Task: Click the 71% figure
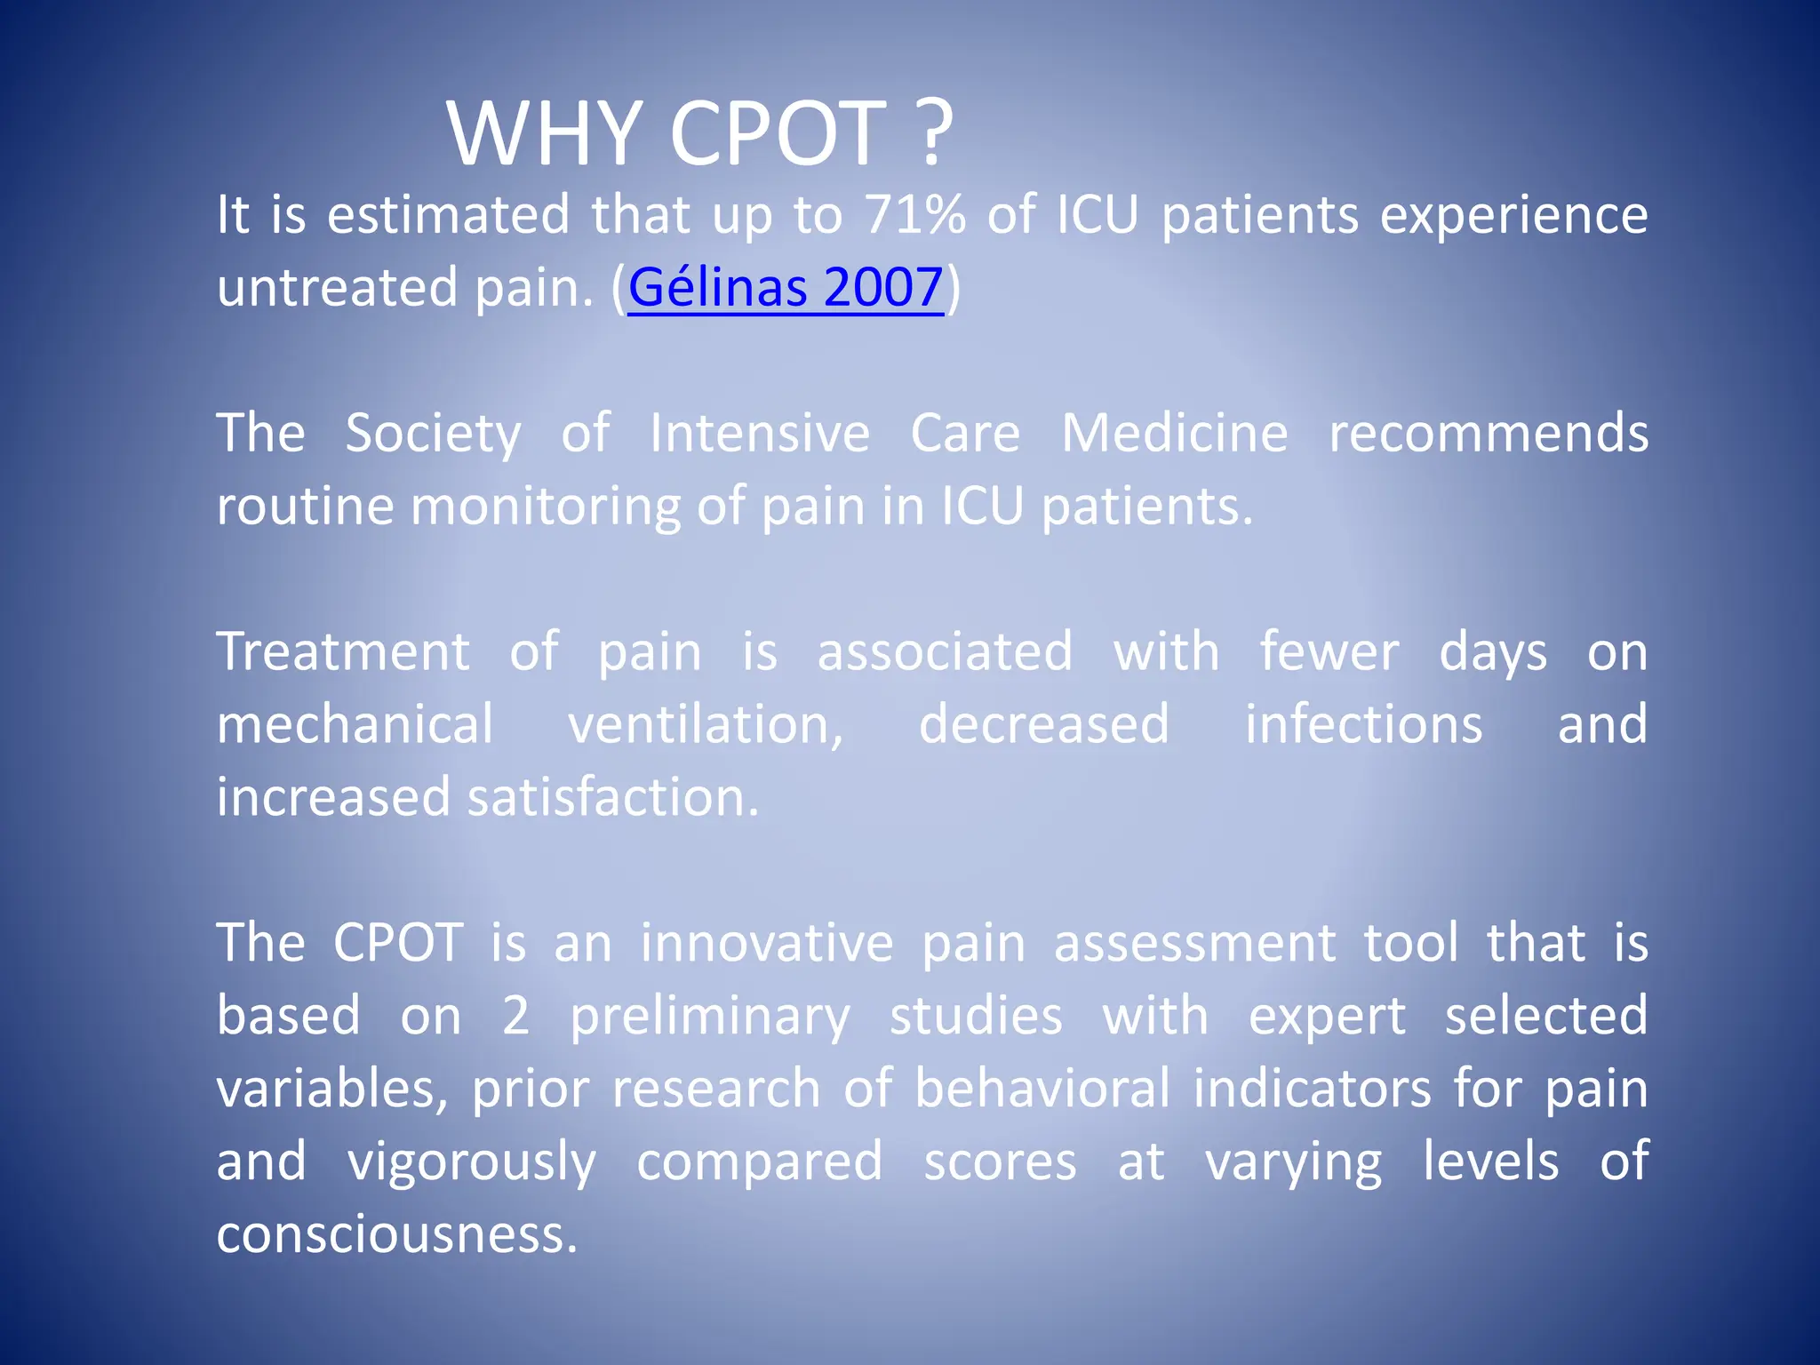(x=914, y=215)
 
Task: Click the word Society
(x=433, y=434)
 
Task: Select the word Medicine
(x=1175, y=434)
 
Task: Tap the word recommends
(x=1489, y=434)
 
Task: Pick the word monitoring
(x=544, y=507)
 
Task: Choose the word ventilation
(x=706, y=724)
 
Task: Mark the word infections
(x=1363, y=724)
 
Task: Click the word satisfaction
(x=613, y=797)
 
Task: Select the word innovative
(x=767, y=943)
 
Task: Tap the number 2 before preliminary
(x=515, y=1016)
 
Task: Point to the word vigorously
(x=471, y=1161)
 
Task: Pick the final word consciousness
(x=397, y=1234)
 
